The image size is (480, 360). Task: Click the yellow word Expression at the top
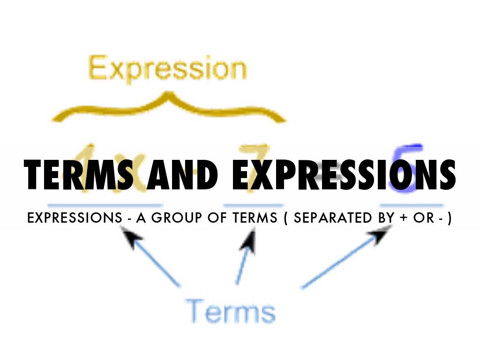[x=167, y=69]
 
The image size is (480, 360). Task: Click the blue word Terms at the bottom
[x=229, y=311]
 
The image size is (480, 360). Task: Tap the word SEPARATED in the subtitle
[x=329, y=219]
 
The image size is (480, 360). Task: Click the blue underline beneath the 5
[x=412, y=205]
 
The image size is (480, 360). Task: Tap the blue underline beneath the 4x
[x=105, y=205]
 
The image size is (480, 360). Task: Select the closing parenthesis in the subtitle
[x=450, y=219]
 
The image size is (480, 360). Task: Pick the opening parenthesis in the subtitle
[x=285, y=219]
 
